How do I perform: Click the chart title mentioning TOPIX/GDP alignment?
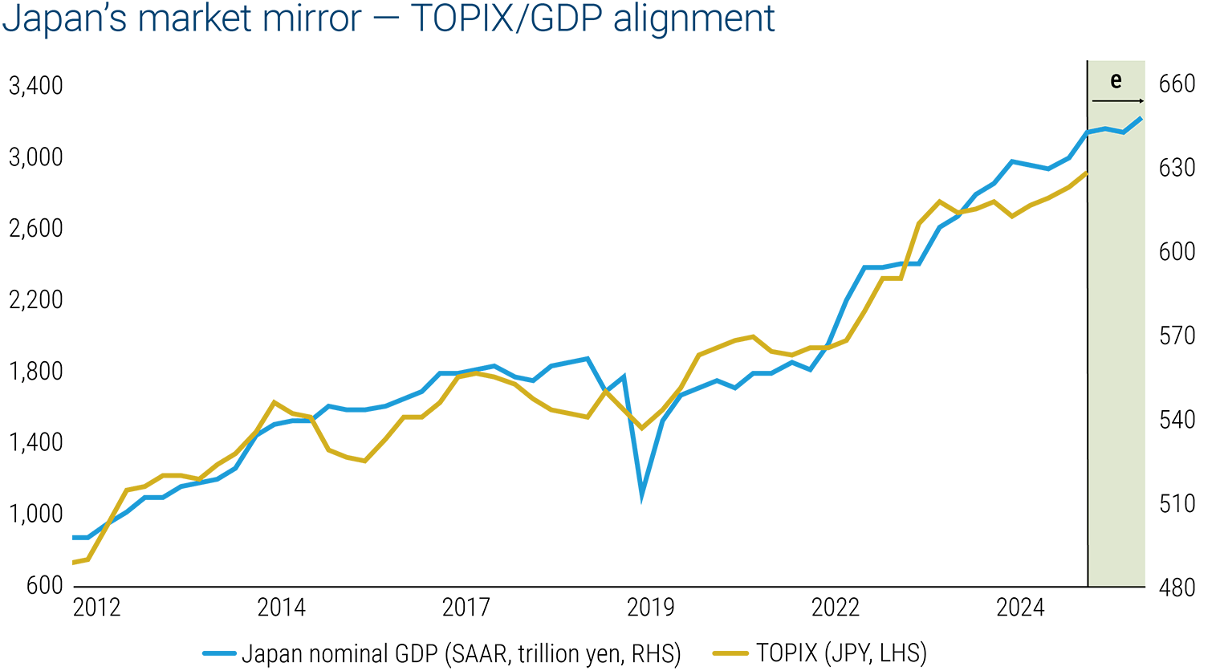pos(388,19)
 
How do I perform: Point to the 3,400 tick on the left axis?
pos(35,85)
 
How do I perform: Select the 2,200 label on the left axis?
pos(35,299)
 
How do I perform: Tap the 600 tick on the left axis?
pos(45,585)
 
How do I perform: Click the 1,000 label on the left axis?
pos(35,514)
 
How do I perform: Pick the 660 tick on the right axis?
pos(1177,83)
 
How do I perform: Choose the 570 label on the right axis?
pos(1177,335)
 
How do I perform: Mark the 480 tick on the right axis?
pos(1177,588)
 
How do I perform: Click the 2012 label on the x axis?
pos(96,608)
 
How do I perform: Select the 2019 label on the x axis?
pos(650,608)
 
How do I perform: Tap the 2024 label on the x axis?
pos(1020,608)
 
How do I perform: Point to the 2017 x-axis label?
pos(466,608)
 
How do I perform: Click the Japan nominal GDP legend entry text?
pos(461,653)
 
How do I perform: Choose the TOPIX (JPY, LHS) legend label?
pos(840,653)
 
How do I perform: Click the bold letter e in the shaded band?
pos(1116,80)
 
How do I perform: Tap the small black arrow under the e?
pos(1118,101)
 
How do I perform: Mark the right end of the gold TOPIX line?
pos(1087,173)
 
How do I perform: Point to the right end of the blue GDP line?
pos(1141,118)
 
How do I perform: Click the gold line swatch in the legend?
pos(730,653)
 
